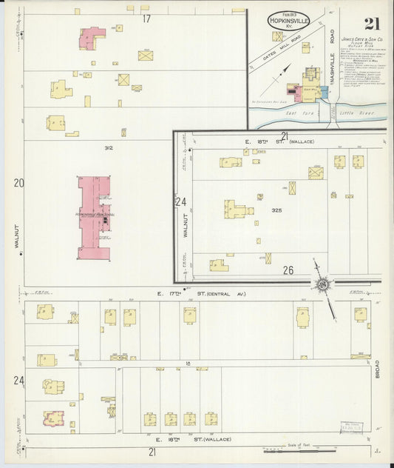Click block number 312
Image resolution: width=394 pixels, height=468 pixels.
tap(109, 148)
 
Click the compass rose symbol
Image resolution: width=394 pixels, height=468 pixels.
tap(322, 284)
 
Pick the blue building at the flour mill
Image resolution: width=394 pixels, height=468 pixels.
tap(323, 93)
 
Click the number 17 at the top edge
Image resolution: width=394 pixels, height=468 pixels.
tap(146, 19)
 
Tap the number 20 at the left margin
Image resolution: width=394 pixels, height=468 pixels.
tap(18, 183)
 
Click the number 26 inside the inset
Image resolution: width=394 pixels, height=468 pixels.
tap(288, 271)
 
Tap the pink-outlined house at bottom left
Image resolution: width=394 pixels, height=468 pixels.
tap(52, 418)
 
